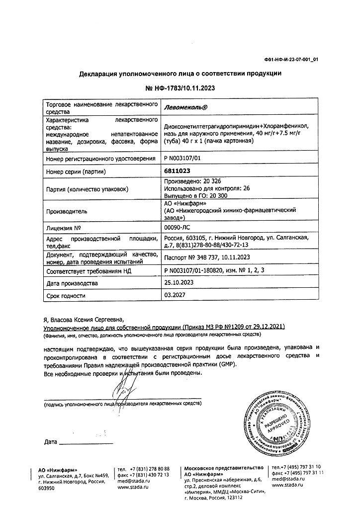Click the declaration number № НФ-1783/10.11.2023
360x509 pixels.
pyautogui.click(x=180, y=88)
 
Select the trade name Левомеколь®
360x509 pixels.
pyautogui.click(x=185, y=107)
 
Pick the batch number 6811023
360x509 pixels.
pyautogui.click(x=177, y=171)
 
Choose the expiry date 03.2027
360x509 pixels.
pyautogui.click(x=174, y=296)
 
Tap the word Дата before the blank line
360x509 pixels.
pyautogui.click(x=50, y=441)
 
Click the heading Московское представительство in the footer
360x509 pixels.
pyautogui.click(x=224, y=469)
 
